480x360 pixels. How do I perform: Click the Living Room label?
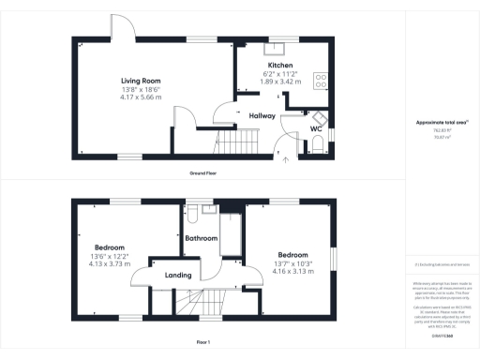(x=141, y=81)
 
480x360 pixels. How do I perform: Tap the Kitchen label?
(x=279, y=66)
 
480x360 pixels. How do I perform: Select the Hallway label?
(x=262, y=116)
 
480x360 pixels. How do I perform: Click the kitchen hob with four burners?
(x=320, y=82)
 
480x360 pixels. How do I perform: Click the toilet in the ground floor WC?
(x=318, y=142)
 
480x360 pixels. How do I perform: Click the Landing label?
(x=178, y=276)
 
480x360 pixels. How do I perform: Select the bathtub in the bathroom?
(x=229, y=234)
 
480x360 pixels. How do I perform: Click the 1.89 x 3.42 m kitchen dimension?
(x=279, y=82)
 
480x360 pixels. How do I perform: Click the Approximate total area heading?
(x=441, y=123)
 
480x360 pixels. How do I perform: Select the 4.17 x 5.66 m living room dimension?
(x=141, y=97)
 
